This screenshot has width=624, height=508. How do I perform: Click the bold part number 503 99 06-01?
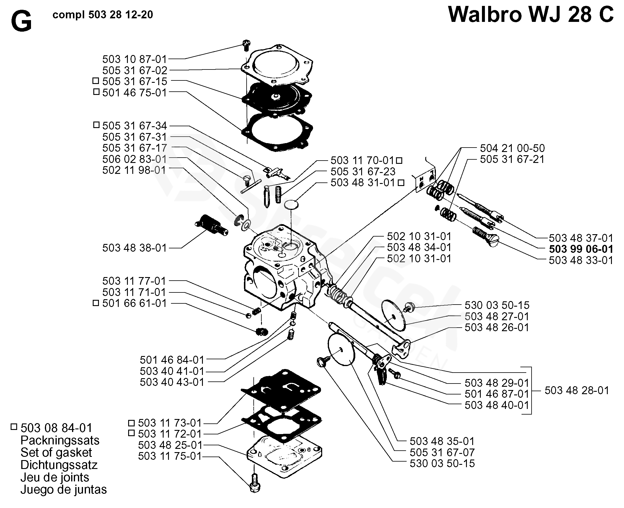coord(581,249)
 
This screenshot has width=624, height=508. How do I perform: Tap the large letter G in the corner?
coord(21,22)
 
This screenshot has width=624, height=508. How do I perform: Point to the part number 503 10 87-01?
coord(135,59)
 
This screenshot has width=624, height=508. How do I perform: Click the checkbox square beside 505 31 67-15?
coord(96,81)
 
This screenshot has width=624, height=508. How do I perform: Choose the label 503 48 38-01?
coord(135,248)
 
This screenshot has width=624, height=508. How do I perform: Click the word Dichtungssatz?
coord(59,465)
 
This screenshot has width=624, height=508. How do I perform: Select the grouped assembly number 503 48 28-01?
coord(577,391)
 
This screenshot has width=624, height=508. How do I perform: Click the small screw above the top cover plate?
coord(246,46)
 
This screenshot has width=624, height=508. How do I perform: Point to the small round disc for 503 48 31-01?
coord(291,205)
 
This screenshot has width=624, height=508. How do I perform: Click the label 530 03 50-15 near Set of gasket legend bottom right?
coord(442,463)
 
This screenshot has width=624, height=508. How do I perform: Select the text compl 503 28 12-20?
coord(103,15)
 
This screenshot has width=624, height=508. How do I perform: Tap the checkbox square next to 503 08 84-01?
coord(14,427)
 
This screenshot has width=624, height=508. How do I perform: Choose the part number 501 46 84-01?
coord(172,360)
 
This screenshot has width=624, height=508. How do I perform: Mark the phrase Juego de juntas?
coord(63,490)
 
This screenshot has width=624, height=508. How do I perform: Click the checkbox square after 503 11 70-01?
coord(399,161)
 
